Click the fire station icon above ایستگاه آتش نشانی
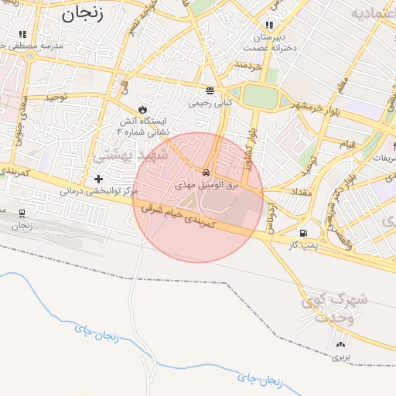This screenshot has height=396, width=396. [x=142, y=108]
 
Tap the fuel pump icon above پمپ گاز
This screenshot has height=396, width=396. [x=302, y=233]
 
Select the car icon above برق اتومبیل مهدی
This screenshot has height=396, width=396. [x=206, y=172]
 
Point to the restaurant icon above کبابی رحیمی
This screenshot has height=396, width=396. [x=209, y=89]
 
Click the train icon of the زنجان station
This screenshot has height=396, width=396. [x=22, y=213]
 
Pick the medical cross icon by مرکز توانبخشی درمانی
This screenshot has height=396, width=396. [x=98, y=179]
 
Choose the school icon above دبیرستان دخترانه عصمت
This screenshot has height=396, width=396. [x=269, y=24]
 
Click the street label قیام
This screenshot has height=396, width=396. [x=347, y=145]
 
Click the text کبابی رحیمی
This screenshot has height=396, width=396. [x=209, y=101]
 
